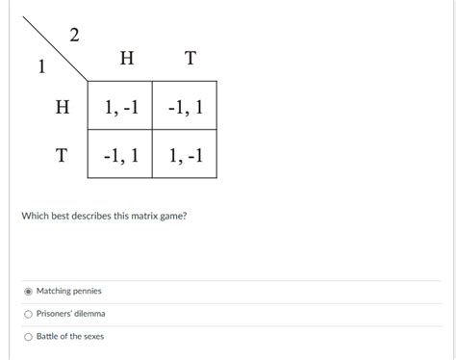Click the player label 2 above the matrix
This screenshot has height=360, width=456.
[x=75, y=37]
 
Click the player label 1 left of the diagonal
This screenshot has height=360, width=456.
[x=40, y=68]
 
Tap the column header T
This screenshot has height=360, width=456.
[x=190, y=60]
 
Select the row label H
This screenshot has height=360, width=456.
[x=63, y=107]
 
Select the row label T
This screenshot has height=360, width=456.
[x=62, y=154]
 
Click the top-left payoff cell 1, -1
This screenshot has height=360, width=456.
[x=119, y=107]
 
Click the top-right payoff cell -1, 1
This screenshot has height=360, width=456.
[x=184, y=107]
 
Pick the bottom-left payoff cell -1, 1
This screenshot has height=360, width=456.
[x=119, y=154]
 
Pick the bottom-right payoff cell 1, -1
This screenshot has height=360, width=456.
[x=184, y=154]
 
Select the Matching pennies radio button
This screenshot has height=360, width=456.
[x=29, y=291]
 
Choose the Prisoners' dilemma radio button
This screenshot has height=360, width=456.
[x=29, y=314]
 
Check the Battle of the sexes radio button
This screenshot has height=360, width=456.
[x=29, y=336]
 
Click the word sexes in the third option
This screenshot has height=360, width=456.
[x=93, y=336]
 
